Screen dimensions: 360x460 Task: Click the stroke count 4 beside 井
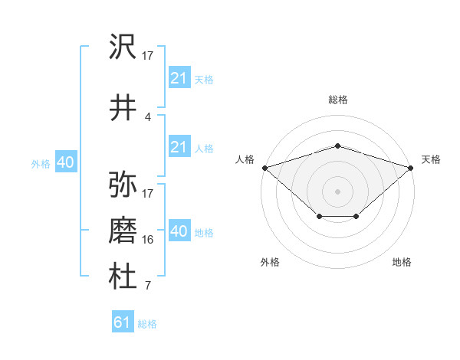click(147, 116)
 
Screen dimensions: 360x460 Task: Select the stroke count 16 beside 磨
click(148, 239)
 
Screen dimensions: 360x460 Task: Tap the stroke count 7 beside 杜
click(147, 286)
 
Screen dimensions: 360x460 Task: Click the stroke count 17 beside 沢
click(148, 55)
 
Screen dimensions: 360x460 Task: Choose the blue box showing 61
click(123, 322)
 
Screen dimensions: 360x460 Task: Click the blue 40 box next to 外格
click(65, 162)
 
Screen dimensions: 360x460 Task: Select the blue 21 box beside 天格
click(179, 77)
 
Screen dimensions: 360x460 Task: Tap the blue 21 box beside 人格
click(179, 147)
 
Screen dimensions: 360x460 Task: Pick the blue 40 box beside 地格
click(179, 231)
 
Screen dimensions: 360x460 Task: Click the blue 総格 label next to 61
click(147, 324)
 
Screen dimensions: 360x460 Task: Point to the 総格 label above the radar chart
click(337, 100)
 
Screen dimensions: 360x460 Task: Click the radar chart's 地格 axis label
click(402, 263)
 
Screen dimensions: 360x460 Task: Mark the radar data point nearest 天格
click(412, 167)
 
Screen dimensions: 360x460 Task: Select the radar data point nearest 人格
click(264, 167)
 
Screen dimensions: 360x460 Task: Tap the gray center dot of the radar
click(337, 191)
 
